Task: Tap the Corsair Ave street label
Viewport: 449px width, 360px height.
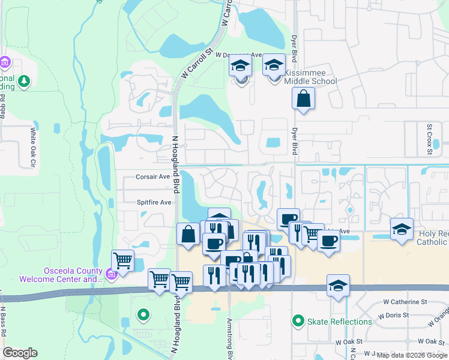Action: click(x=152, y=177)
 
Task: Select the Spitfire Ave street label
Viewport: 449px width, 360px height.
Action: click(x=154, y=203)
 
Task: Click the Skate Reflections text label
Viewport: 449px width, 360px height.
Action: click(x=340, y=322)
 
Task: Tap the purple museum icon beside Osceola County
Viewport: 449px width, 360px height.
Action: click(x=110, y=275)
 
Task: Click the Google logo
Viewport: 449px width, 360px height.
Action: click(x=20, y=353)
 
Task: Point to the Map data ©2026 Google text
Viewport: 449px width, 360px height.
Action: click(x=412, y=355)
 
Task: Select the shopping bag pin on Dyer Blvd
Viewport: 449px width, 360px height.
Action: click(x=304, y=98)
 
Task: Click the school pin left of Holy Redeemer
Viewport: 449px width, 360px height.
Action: click(x=402, y=229)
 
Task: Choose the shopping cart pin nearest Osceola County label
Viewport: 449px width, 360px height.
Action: click(x=122, y=261)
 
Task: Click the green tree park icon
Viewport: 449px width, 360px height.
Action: click(x=24, y=81)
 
